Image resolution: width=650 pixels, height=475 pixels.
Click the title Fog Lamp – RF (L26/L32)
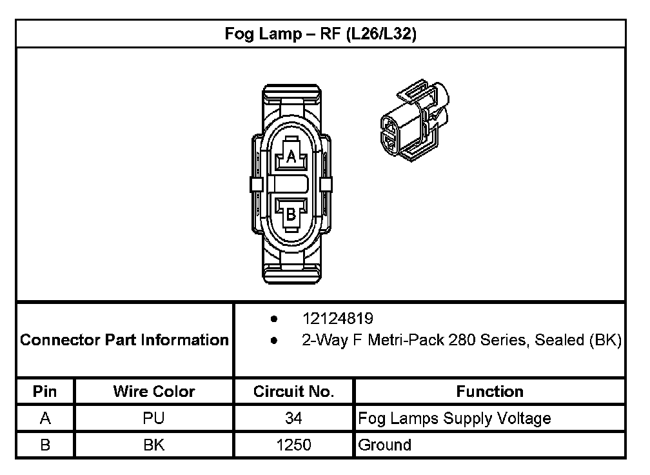click(320, 34)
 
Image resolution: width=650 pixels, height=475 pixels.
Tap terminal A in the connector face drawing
click(291, 154)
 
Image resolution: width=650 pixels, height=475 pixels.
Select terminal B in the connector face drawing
click(291, 214)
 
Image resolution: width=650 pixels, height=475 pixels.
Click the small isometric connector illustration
click(415, 120)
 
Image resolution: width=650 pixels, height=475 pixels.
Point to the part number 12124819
click(337, 319)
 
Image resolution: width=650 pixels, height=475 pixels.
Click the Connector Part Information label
click(124, 339)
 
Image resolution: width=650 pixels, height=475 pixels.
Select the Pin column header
click(44, 391)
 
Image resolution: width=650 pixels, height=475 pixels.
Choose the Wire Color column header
click(153, 391)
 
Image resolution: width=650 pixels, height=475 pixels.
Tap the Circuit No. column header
click(293, 391)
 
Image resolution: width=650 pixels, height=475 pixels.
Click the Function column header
click(489, 391)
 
